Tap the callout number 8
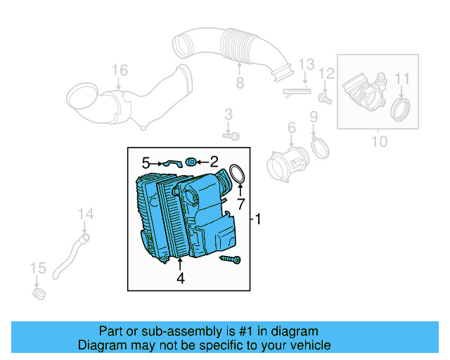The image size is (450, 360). (239, 84)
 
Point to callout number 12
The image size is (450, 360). (326, 73)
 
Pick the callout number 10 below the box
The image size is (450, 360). (379, 141)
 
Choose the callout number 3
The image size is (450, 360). (229, 115)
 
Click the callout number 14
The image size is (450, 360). (85, 214)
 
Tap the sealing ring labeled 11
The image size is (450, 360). (401, 109)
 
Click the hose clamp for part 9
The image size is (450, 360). (319, 148)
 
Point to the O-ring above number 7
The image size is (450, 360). (238, 174)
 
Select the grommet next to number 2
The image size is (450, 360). (191, 163)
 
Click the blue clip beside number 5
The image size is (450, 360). (172, 163)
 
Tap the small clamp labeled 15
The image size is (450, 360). (40, 290)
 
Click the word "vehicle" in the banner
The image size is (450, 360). (306, 345)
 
